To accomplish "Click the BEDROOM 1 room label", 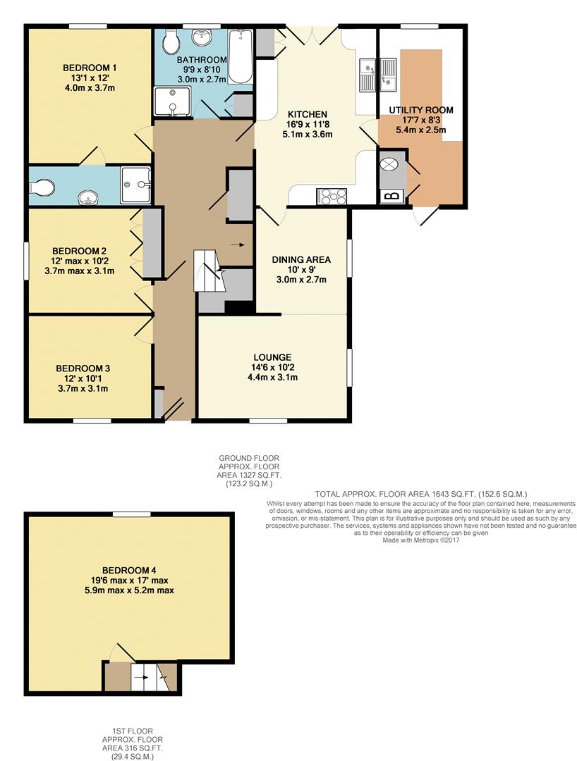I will click(x=90, y=68).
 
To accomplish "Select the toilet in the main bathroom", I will click(x=170, y=43).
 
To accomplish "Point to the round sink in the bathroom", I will click(x=200, y=36).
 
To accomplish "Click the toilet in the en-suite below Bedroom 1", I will click(x=44, y=187).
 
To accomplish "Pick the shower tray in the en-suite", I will click(x=135, y=185).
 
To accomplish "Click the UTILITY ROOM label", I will click(x=421, y=110).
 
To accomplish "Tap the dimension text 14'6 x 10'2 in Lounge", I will click(x=272, y=367).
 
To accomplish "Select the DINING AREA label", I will click(x=301, y=259).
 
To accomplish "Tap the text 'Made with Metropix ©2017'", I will click(x=420, y=540).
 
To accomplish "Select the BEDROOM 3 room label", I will click(x=83, y=368).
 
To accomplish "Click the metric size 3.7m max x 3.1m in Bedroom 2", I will click(x=79, y=270).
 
